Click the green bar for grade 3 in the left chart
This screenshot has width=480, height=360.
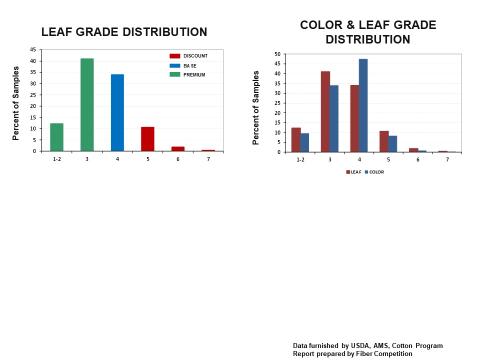coord(87,104)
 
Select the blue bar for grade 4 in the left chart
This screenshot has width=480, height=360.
coord(117,112)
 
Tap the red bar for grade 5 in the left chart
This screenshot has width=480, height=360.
coord(147,139)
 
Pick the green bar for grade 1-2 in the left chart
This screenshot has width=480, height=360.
coord(56,137)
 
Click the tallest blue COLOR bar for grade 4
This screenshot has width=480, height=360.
coord(363,105)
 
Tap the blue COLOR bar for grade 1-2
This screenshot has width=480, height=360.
coord(304,142)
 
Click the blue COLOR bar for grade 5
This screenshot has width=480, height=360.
coord(392,144)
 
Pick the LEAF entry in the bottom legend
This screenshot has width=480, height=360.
coord(353,172)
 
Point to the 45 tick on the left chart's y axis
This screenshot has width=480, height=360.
coord(33,50)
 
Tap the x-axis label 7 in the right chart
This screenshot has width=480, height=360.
coord(447,159)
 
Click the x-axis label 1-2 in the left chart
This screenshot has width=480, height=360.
coord(56,158)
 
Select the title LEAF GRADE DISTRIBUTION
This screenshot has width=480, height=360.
coord(124,32)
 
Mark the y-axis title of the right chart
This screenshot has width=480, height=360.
coord(256,107)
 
